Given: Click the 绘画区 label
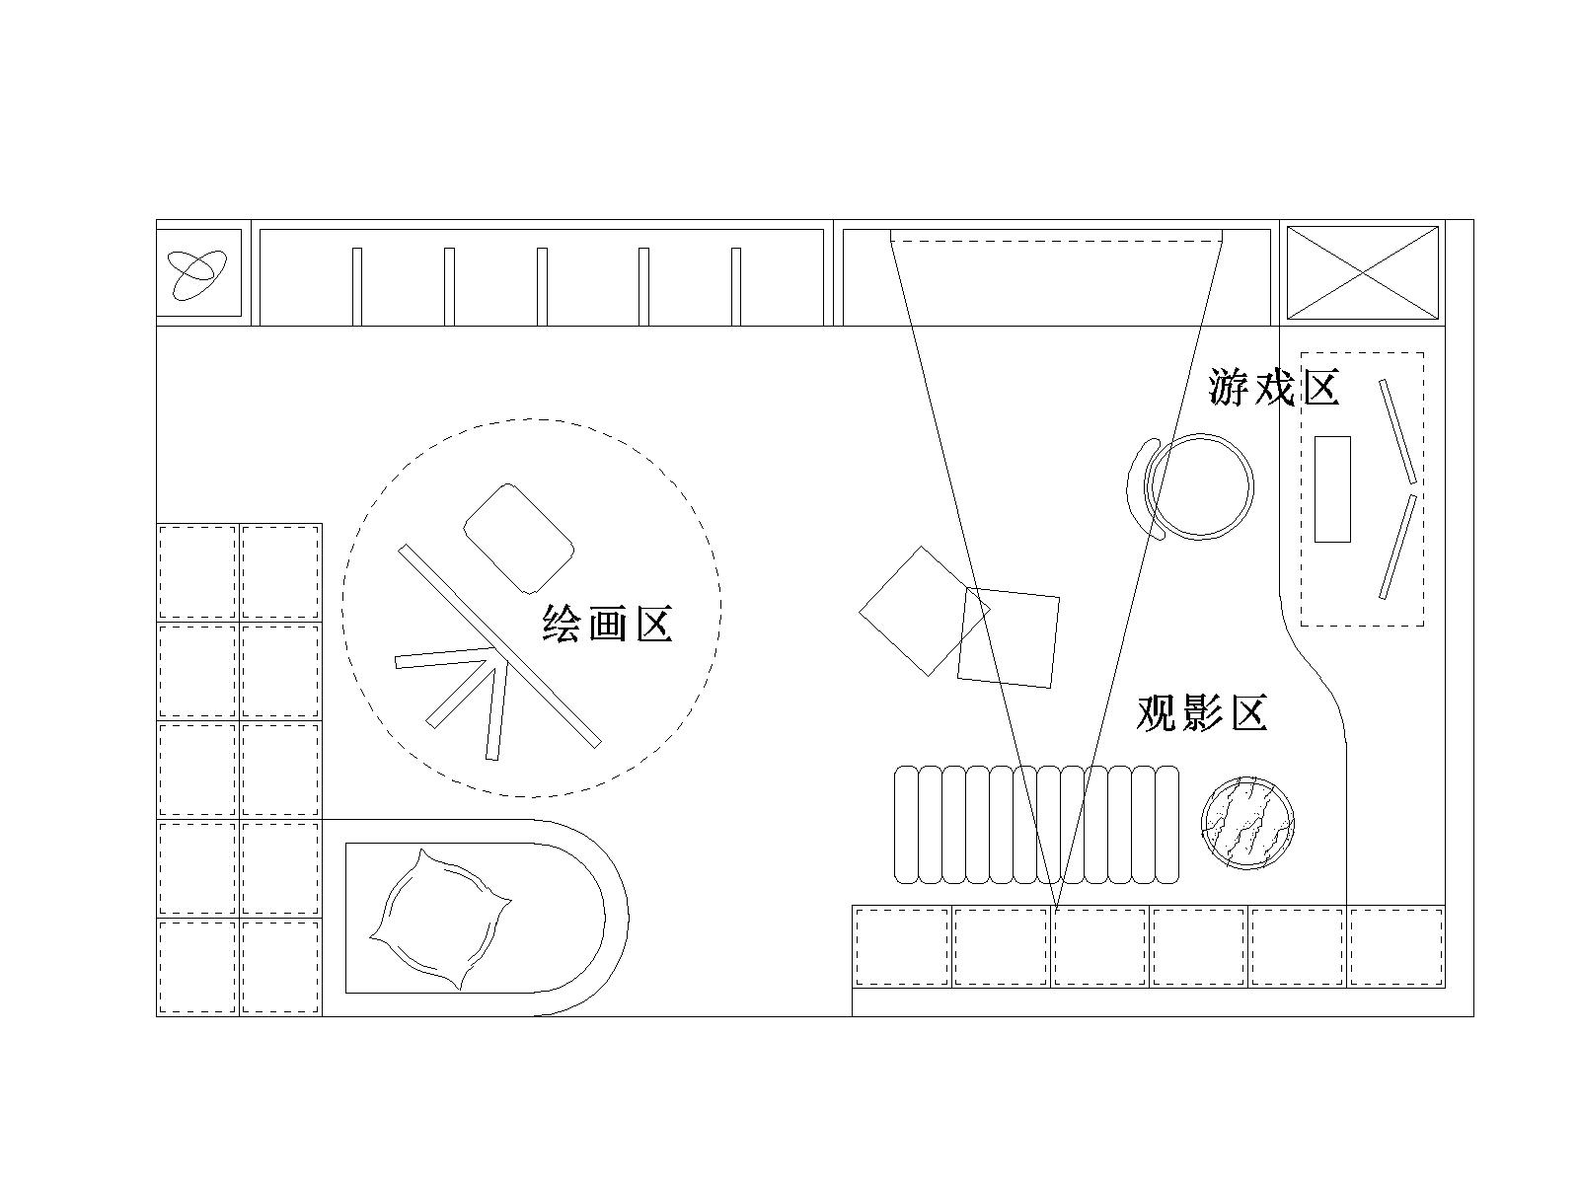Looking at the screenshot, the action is [607, 624].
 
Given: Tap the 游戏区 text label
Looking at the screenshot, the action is [1273, 388].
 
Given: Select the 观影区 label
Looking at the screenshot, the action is [1201, 712].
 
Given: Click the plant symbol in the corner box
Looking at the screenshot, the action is [197, 274].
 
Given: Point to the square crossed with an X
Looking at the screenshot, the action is [1363, 272].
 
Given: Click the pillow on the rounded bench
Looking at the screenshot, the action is [440, 920].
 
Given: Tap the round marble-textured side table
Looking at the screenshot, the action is [1247, 823].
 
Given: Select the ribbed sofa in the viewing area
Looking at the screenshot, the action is [1036, 825].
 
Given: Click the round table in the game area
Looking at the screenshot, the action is [1199, 486].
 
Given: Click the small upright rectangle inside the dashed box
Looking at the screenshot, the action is [1332, 488].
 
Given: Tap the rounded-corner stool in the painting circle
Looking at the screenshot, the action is [519, 539].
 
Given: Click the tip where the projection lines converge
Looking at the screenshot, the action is [1056, 912].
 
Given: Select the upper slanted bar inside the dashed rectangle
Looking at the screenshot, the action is [1397, 431].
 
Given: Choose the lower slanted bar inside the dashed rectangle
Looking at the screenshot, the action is [1397, 547].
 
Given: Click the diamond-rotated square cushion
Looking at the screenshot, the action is [925, 611].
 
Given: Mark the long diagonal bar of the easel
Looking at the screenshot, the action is [500, 646].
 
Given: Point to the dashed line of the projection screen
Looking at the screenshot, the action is [1056, 242].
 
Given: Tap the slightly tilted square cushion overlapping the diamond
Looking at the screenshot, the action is [1009, 637].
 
